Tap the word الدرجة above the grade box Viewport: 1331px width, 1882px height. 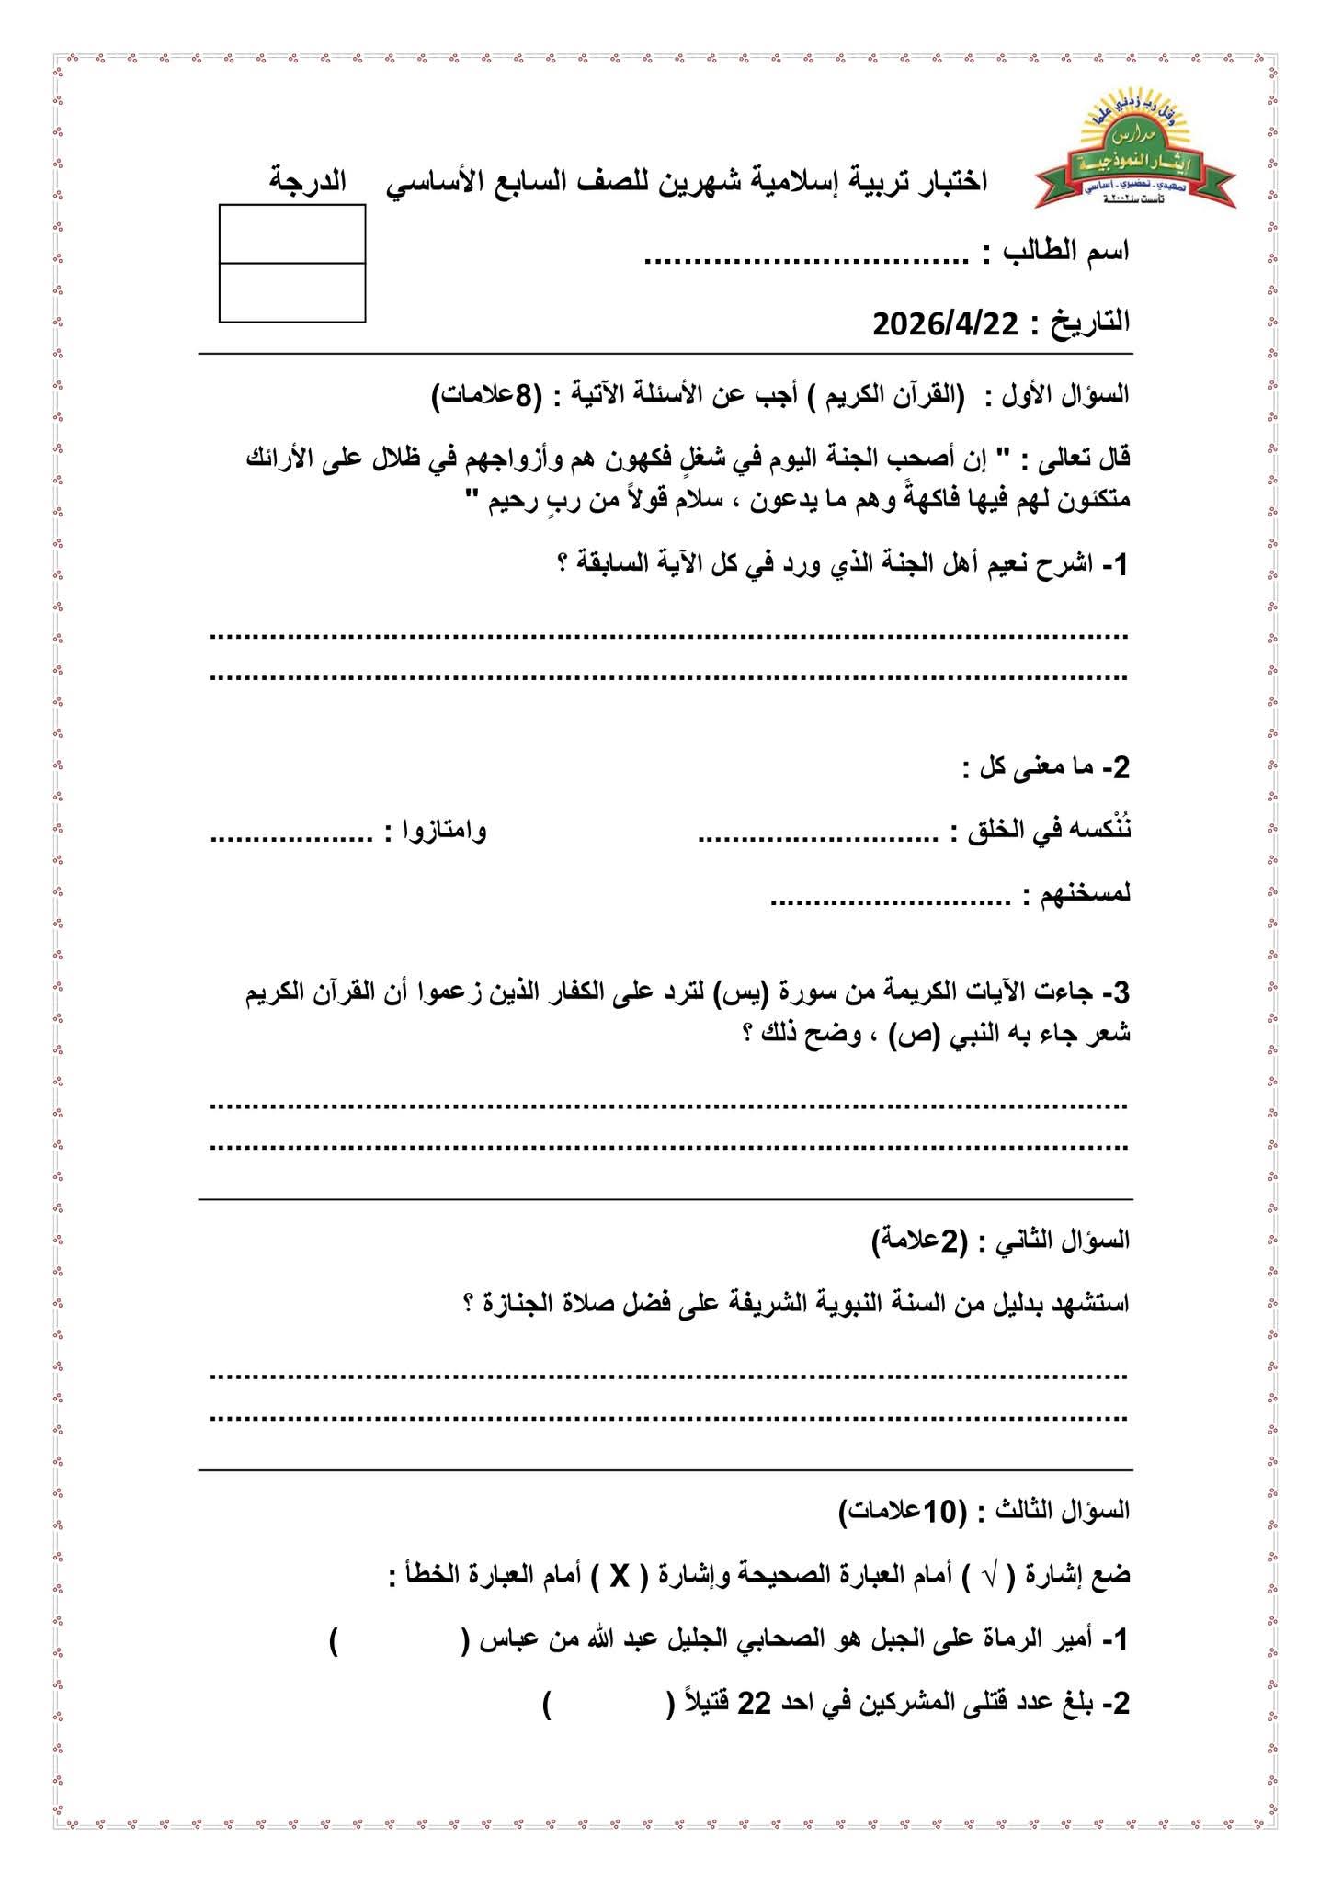click(x=308, y=180)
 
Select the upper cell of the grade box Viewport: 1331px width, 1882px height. click(x=292, y=234)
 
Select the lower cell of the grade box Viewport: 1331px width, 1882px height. click(x=292, y=292)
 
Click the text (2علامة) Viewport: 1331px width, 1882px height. click(x=920, y=1240)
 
